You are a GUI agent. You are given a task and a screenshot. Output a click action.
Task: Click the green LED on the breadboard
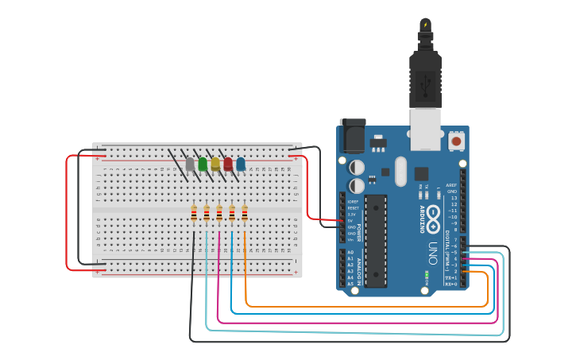pyautogui.click(x=203, y=164)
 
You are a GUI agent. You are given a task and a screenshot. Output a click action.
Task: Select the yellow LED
pyautogui.click(x=215, y=164)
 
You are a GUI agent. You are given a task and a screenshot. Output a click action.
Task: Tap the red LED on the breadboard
pyautogui.click(x=228, y=164)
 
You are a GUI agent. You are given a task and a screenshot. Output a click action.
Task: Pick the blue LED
pyautogui.click(x=241, y=164)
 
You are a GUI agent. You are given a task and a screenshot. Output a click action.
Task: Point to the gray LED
pyautogui.click(x=190, y=164)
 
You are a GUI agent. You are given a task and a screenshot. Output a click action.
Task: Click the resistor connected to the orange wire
pyautogui.click(x=245, y=213)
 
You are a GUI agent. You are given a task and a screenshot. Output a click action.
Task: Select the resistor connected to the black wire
pyautogui.click(x=194, y=213)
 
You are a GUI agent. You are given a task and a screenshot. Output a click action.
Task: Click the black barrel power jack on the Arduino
pyautogui.click(x=352, y=135)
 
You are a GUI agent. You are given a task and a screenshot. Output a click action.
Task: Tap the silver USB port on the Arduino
pyautogui.click(x=425, y=129)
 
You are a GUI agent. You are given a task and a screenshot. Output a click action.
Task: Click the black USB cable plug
pyautogui.click(x=425, y=79)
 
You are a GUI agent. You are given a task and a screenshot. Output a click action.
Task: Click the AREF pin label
pyautogui.click(x=452, y=184)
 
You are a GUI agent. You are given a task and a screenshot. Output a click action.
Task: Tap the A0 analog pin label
pyautogui.click(x=350, y=252)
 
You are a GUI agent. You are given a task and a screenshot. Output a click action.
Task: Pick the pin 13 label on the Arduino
pyautogui.click(x=454, y=198)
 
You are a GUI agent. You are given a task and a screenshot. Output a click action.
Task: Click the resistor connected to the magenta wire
pyautogui.click(x=219, y=213)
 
